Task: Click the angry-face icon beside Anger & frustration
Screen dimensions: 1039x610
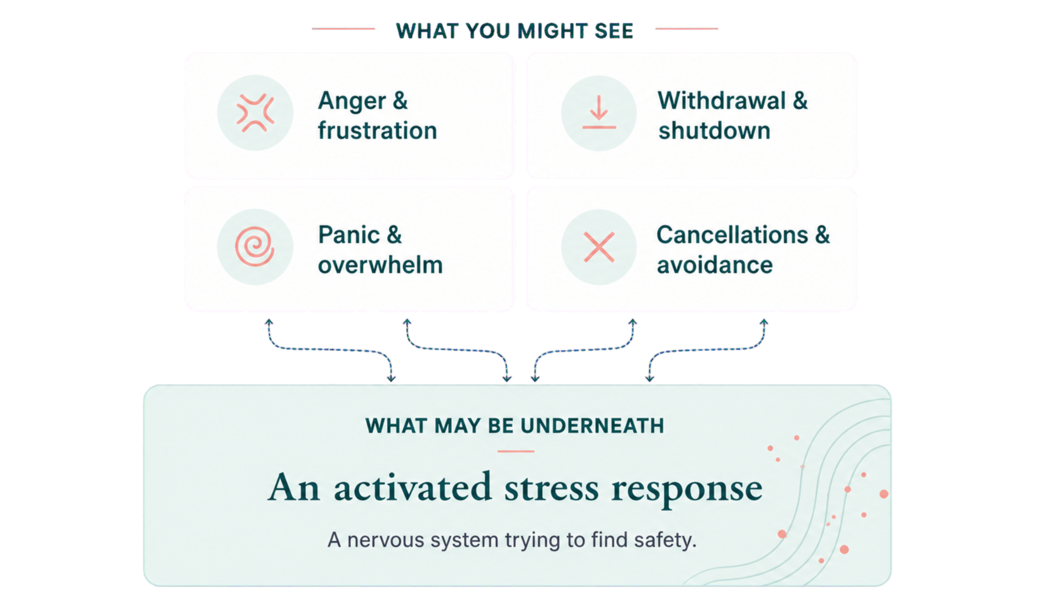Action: click(x=255, y=113)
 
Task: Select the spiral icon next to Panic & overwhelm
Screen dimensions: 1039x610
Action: click(x=255, y=246)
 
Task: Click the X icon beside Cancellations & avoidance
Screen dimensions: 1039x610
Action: click(x=599, y=247)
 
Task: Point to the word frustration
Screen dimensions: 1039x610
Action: click(x=377, y=130)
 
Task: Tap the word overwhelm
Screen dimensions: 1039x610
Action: click(x=380, y=265)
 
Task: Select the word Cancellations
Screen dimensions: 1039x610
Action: click(x=732, y=235)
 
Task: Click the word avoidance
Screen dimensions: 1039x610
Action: click(x=715, y=265)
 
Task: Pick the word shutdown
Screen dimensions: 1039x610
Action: click(x=714, y=130)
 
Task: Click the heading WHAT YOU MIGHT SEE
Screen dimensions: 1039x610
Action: click(x=514, y=31)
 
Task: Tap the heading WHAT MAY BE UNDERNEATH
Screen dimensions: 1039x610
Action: click(x=514, y=426)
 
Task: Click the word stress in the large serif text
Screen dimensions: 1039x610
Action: click(x=552, y=488)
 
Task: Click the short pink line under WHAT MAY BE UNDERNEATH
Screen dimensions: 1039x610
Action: click(x=516, y=451)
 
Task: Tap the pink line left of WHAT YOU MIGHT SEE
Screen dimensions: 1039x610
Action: click(x=343, y=29)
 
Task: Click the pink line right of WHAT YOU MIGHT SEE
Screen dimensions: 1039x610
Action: click(x=687, y=29)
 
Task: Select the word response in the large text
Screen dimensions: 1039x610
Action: click(x=687, y=490)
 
